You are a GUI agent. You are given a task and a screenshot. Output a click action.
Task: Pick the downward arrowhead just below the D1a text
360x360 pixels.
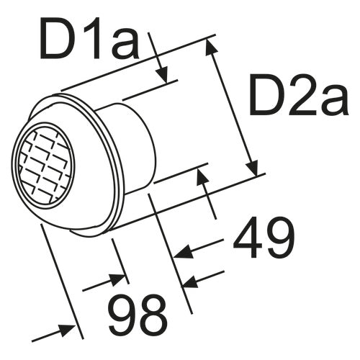(163, 75)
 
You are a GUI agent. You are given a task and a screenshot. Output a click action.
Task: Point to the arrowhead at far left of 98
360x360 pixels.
(69, 330)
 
